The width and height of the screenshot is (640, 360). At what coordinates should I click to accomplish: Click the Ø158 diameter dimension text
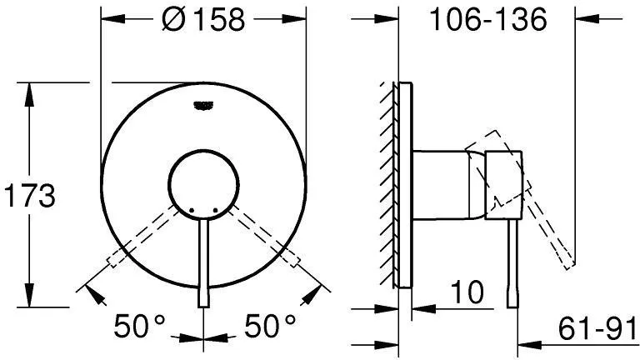tap(203, 19)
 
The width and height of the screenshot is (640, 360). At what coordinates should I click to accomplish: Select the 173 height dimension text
tap(29, 196)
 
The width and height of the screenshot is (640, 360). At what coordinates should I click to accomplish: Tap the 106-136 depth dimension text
tap(488, 19)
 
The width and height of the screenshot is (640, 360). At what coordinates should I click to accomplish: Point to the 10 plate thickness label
tap(467, 292)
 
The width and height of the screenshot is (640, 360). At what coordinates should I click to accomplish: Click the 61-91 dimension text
tap(597, 328)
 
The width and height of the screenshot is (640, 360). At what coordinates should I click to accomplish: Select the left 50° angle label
tap(140, 325)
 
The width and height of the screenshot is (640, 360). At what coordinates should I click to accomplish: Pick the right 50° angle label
tap(270, 325)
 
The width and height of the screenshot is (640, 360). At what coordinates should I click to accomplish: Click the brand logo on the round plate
tap(203, 105)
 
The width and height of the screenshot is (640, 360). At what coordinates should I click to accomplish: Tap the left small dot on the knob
tap(191, 211)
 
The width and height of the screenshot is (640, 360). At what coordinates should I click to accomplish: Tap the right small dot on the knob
tap(216, 211)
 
